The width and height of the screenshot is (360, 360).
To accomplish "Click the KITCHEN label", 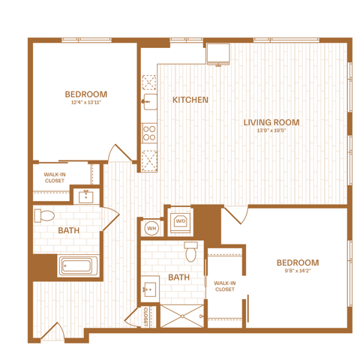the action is (190, 100).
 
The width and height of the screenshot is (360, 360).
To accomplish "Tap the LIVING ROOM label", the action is (271, 122).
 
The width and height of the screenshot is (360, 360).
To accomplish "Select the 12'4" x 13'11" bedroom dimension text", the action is (86, 102).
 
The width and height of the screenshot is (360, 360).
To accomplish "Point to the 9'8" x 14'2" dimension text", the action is (298, 271).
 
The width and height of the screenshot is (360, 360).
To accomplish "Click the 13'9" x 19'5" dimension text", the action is (271, 130).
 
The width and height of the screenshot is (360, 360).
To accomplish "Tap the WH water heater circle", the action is (151, 228).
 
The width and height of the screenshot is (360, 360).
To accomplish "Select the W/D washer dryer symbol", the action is (181, 220).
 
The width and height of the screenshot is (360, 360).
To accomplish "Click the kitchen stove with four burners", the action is (149, 133).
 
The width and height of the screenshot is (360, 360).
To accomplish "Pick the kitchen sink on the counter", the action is (150, 102).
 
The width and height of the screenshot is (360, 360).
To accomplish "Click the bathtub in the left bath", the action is (78, 265).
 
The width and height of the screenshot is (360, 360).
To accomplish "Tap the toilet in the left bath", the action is (44, 216).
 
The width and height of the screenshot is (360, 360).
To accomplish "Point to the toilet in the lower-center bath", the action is (191, 251).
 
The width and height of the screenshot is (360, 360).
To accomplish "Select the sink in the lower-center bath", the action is (150, 289).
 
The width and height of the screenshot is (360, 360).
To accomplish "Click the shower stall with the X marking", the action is (182, 316).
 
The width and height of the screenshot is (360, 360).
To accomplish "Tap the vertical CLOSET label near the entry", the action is (145, 316).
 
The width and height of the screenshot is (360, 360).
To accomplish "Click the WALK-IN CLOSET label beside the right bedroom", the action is (225, 286).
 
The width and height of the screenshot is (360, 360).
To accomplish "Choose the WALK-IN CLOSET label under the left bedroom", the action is (55, 178).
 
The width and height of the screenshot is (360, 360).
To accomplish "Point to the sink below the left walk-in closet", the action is (86, 196).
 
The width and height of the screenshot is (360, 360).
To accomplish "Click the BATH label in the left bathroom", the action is (69, 230).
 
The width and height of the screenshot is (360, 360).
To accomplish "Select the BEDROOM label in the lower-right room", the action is (298, 262).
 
